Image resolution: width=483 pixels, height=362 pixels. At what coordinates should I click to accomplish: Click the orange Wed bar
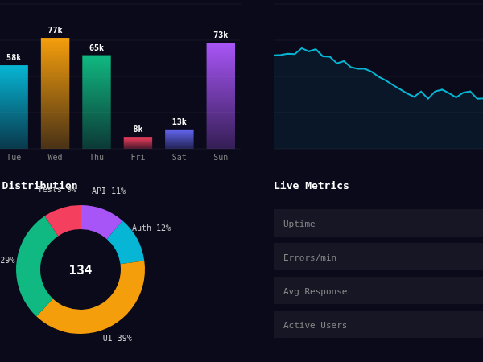[55, 93]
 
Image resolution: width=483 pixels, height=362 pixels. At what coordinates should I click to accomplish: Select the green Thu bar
[97, 101]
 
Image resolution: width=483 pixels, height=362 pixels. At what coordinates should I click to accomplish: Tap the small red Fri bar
[138, 142]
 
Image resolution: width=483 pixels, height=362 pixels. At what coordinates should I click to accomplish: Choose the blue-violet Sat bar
[179, 138]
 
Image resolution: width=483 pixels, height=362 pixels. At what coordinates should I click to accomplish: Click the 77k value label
[55, 31]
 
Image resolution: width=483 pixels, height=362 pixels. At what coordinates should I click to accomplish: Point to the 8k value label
[138, 129]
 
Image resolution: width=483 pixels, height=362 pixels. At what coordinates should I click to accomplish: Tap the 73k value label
[221, 35]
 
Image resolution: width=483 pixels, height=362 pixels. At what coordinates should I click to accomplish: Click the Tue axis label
[14, 157]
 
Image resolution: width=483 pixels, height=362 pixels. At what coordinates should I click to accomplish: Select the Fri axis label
[138, 157]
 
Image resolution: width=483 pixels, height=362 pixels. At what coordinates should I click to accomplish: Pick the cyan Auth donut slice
[127, 242]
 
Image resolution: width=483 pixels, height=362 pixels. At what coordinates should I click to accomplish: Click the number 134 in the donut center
[80, 269]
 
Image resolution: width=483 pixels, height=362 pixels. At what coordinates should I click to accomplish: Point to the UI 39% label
[118, 339]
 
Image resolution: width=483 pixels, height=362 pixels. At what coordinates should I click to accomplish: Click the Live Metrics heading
[312, 186]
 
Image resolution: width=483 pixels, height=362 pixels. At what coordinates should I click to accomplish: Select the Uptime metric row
[378, 224]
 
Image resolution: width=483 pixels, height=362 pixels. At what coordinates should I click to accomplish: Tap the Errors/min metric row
[378, 257]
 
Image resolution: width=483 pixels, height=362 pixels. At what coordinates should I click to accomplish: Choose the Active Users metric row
[378, 325]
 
